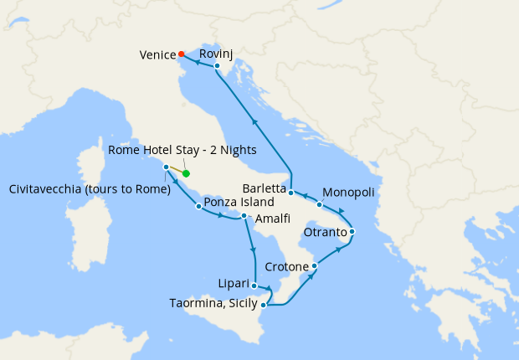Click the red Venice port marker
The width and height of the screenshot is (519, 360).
click(182, 55)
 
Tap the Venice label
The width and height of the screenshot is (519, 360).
click(157, 55)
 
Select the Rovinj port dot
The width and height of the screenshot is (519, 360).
click(216, 65)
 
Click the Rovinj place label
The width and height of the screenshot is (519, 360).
click(217, 53)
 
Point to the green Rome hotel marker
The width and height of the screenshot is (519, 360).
click(187, 173)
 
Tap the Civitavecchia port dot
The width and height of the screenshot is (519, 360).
click(167, 167)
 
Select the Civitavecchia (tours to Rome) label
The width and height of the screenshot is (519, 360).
click(89, 188)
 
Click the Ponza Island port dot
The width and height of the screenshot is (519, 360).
click(198, 206)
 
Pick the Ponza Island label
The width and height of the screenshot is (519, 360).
click(239, 202)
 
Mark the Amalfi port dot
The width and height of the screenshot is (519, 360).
click(244, 216)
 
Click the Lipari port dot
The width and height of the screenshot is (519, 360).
click(254, 285)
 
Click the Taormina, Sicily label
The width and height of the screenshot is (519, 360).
click(210, 305)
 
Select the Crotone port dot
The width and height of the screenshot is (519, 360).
click(314, 266)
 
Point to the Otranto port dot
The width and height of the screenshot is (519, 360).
click(352, 231)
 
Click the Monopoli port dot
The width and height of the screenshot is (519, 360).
click(320, 204)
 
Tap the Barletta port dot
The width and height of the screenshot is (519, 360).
click(290, 193)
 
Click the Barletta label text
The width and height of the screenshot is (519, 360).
click(264, 188)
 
